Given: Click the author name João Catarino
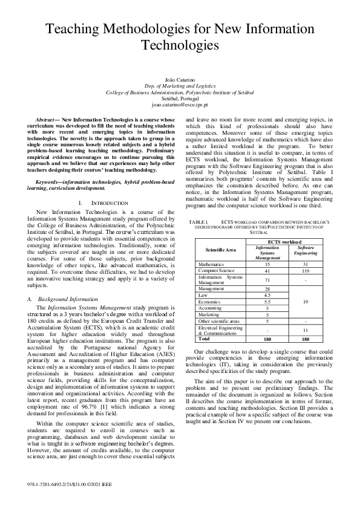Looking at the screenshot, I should point(180,80).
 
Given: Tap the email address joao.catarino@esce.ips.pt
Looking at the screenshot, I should point(180,105).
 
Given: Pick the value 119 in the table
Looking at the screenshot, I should point(306,272).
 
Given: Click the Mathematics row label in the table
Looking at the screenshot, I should point(212,265).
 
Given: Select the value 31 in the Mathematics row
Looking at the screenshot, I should point(306,265).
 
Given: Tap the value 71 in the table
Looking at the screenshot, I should point(267,280).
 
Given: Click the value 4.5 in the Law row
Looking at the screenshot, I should point(267,295).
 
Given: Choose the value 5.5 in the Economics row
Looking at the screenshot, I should point(267,301).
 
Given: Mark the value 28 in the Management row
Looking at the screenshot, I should point(267,289).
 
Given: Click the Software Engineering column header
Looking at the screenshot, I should point(306,250).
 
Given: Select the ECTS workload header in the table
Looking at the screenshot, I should point(286,241).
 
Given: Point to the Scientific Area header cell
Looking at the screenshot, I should point(221,249).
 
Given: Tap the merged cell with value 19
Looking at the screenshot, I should point(306,301).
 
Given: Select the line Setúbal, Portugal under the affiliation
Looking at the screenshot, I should point(180,99).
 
